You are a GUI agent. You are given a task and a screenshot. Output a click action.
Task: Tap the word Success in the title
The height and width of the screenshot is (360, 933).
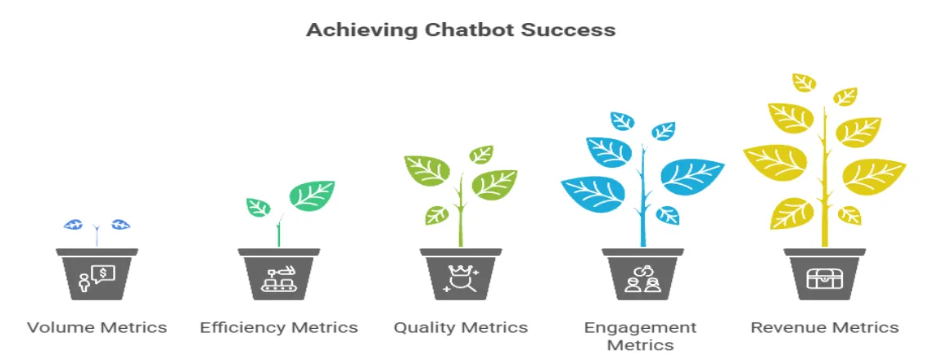click(x=576, y=30)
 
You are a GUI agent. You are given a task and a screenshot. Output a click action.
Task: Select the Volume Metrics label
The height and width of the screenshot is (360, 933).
click(x=97, y=328)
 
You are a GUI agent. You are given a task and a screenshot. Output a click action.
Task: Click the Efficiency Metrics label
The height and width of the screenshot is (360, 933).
click(x=279, y=328)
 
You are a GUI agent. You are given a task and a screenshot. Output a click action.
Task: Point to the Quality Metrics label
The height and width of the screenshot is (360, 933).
click(x=461, y=328)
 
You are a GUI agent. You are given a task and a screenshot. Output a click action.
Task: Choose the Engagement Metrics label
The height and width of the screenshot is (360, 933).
click(x=641, y=335)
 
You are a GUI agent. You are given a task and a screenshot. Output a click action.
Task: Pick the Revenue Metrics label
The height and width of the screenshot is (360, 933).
click(x=824, y=328)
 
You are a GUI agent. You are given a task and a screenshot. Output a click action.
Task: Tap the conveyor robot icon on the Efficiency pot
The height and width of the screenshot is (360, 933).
click(x=279, y=279)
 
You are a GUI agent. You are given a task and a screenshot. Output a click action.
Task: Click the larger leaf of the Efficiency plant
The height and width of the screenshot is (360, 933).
click(x=311, y=196)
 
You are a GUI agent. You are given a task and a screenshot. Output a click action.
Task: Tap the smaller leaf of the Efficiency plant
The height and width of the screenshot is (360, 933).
click(x=259, y=207)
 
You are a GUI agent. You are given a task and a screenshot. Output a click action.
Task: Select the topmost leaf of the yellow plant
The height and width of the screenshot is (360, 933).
click(x=805, y=82)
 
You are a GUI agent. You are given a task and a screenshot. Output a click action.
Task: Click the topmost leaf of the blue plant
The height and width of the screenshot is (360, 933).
click(x=622, y=121)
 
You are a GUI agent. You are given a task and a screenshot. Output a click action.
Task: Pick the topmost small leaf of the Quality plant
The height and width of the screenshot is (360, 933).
click(x=481, y=154)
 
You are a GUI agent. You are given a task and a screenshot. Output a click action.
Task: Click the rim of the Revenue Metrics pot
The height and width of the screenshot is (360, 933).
click(x=824, y=253)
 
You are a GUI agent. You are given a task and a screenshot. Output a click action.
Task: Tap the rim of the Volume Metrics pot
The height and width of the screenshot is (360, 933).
click(x=97, y=253)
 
